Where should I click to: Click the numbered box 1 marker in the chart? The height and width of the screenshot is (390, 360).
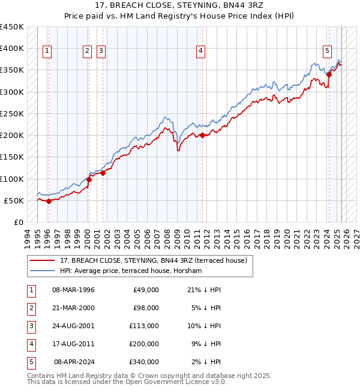tap(47, 52)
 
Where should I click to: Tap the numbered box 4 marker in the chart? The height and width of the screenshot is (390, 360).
tap(200, 52)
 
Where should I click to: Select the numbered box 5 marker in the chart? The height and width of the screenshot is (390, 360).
tap(328, 52)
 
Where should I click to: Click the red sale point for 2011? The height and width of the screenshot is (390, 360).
tap(203, 135)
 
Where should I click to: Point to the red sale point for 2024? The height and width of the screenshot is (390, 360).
tap(329, 74)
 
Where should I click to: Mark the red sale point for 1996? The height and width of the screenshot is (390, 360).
tap(49, 201)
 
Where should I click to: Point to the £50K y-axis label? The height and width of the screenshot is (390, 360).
tap(14, 200)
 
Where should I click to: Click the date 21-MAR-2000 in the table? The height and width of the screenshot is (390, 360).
tap(74, 308)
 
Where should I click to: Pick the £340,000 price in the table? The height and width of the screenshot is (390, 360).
tap(144, 362)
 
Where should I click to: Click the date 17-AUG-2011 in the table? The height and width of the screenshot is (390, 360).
tap(74, 344)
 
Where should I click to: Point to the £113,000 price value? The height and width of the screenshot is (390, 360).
tap(144, 326)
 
